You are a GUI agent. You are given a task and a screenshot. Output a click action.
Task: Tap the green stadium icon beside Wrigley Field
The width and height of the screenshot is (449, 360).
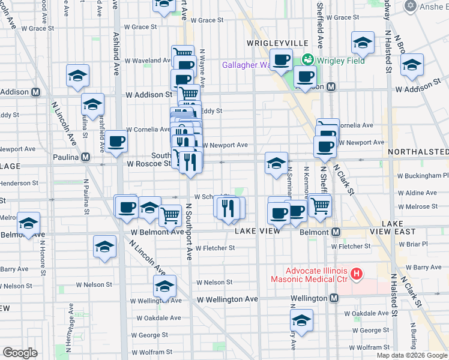(x=308, y=60)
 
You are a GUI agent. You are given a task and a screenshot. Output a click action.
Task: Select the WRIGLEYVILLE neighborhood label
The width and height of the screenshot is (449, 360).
(x=277, y=43)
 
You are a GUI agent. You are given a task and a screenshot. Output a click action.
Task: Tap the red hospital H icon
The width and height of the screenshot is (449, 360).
(x=357, y=274)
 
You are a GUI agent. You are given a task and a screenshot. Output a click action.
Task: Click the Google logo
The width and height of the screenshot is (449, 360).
(x=20, y=353)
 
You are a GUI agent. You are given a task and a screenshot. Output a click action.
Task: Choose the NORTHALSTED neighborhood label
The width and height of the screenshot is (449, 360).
(x=418, y=152)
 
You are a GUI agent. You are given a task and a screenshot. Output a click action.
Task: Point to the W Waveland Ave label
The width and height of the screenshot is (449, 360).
(x=148, y=61)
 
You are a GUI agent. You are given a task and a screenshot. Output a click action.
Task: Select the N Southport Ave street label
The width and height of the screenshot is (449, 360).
(x=189, y=232)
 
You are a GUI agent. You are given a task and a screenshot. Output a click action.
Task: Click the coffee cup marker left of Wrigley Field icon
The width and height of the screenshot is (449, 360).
(x=280, y=61)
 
